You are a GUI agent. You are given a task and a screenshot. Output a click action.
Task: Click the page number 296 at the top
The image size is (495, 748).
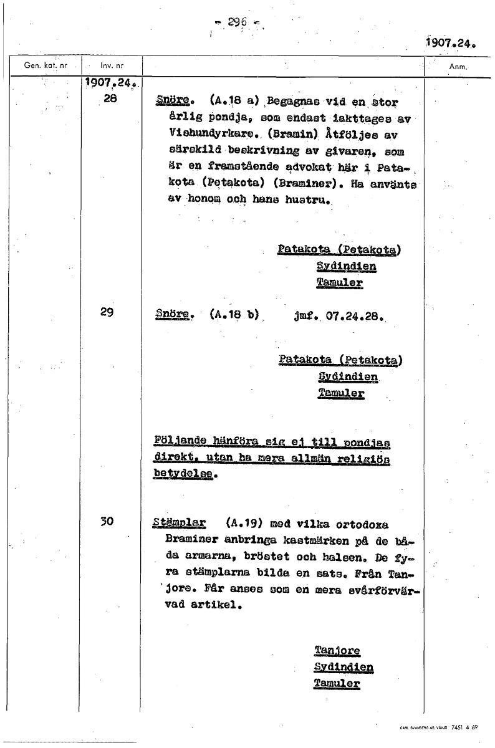[237, 22]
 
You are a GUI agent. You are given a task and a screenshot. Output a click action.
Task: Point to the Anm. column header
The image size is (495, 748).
[458, 66]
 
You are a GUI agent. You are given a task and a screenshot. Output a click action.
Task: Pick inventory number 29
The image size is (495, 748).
[107, 313]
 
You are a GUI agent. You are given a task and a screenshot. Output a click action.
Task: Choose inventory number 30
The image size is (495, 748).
[107, 522]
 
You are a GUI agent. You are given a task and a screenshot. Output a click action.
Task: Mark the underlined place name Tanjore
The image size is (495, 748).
[337, 650]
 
